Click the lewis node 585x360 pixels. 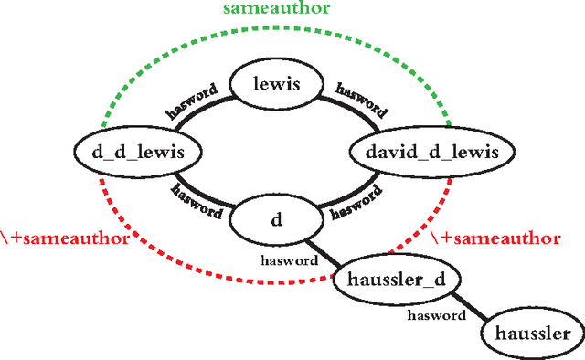279,85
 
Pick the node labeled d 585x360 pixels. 276,220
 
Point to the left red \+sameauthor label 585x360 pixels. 61,239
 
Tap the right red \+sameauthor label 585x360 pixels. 495,238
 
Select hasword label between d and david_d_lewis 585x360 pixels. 356,203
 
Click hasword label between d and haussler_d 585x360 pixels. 288,259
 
